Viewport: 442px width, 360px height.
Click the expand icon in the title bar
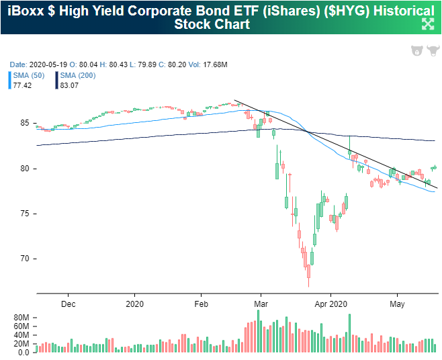(427, 24)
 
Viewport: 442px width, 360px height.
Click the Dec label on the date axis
(68, 302)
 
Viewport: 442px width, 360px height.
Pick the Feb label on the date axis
(200, 302)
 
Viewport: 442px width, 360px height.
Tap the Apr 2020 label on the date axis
(330, 302)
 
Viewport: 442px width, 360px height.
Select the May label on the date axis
(396, 302)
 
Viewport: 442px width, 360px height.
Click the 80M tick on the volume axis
(21, 316)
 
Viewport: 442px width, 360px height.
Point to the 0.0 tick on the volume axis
(23, 352)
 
